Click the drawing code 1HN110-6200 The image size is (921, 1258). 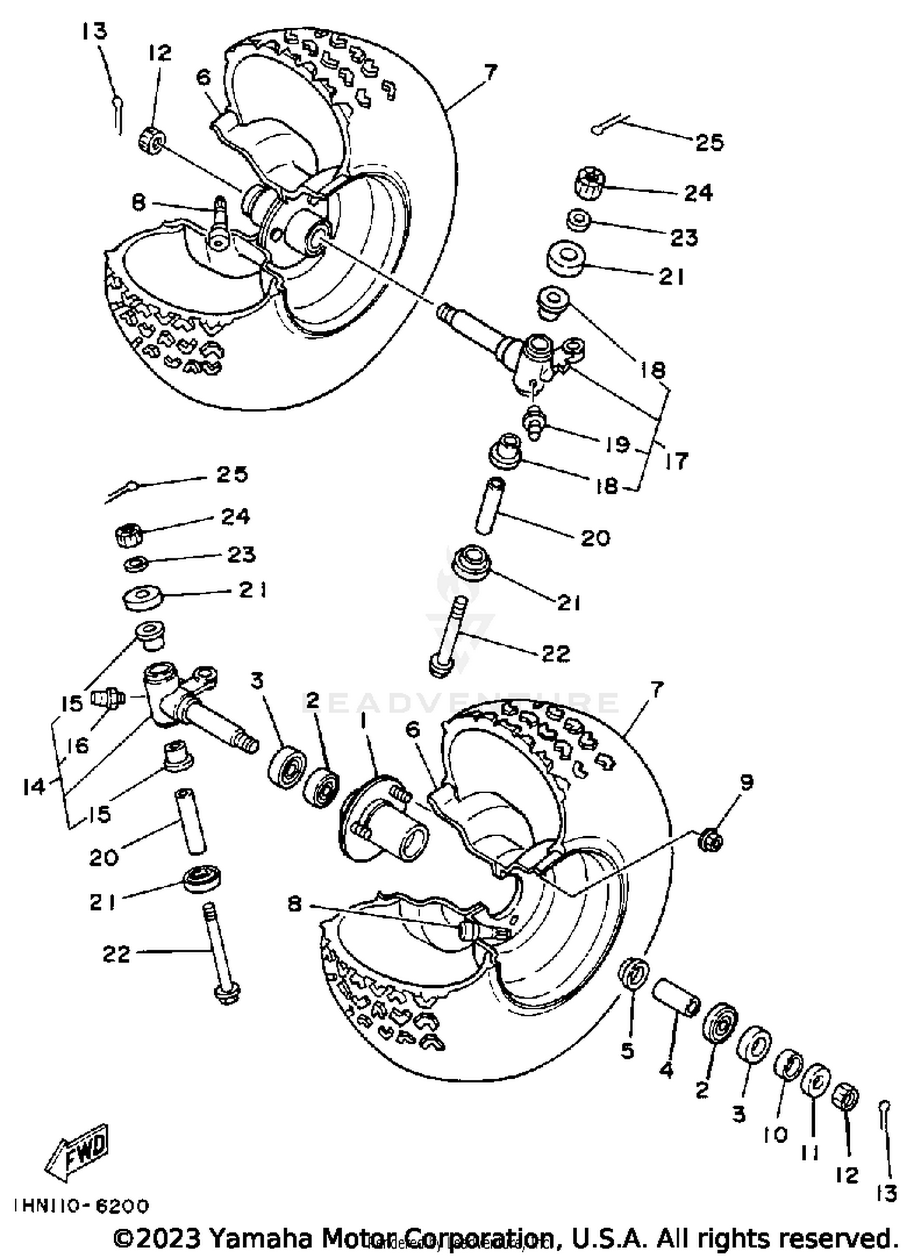point(81,1206)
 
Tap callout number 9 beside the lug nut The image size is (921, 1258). point(747,783)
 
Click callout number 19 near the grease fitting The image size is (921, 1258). point(616,444)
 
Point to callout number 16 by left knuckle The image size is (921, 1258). point(78,745)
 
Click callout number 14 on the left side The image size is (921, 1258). point(34,786)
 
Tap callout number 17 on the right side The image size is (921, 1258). point(676,460)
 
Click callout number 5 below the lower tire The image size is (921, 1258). point(627,1051)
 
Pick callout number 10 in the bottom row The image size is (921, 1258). point(775,1135)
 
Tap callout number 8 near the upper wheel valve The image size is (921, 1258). point(139,203)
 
